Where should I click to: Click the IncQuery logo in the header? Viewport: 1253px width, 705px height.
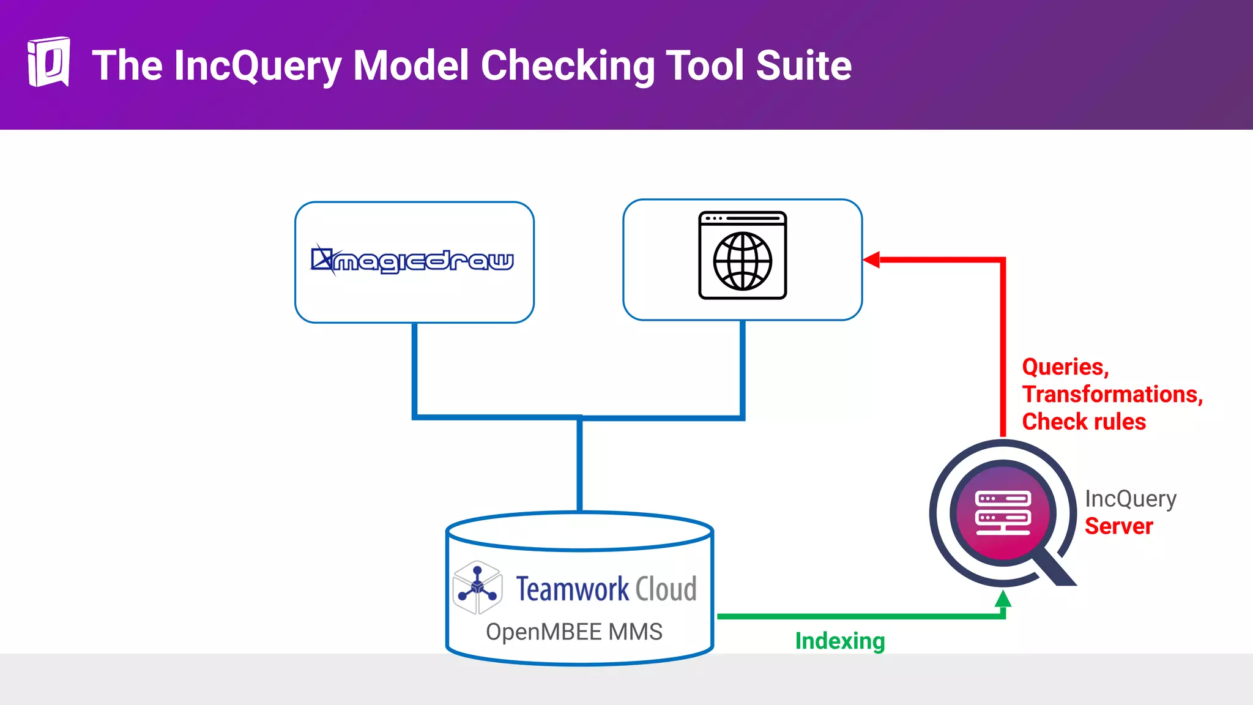[x=48, y=62]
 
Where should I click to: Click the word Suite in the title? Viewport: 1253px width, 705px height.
[x=803, y=65]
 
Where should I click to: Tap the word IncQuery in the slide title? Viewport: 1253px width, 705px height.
[x=257, y=65]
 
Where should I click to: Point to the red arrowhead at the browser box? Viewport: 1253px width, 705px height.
[x=872, y=259]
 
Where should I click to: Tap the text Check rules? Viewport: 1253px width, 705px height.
[x=1084, y=422]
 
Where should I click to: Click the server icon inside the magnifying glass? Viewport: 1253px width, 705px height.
[x=1003, y=512]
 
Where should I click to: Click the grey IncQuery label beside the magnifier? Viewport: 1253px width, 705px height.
[x=1130, y=499]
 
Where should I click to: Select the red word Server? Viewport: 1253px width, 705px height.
[x=1118, y=526]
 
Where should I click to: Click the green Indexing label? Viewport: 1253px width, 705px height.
[x=839, y=641]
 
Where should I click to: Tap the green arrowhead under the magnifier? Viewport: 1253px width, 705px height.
[x=1003, y=599]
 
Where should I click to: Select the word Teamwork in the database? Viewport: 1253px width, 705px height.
[x=572, y=589]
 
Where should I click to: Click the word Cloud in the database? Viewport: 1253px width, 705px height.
[x=666, y=589]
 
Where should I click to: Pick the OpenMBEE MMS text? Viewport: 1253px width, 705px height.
[x=574, y=632]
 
